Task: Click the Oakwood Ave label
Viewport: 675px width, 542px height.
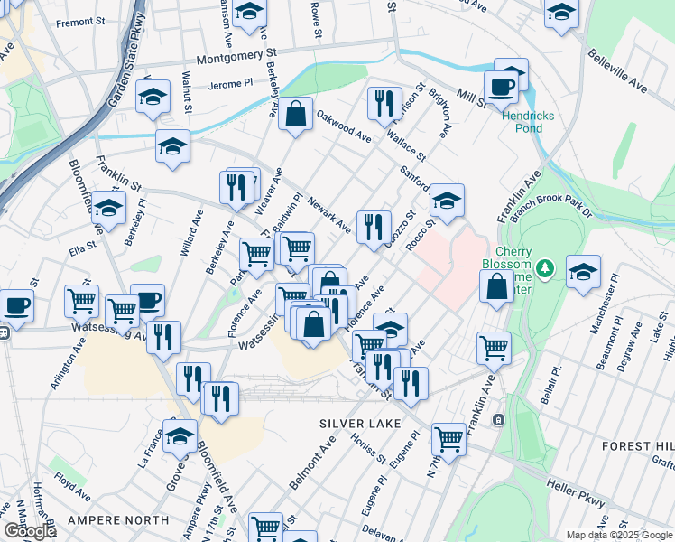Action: click(x=344, y=127)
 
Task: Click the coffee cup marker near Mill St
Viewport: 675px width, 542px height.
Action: click(x=500, y=87)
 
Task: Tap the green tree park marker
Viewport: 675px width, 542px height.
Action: click(x=544, y=267)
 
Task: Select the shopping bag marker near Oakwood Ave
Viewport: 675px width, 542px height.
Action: click(x=295, y=115)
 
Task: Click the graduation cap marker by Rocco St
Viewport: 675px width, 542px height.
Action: click(x=446, y=200)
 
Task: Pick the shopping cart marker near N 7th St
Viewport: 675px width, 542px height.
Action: click(x=448, y=439)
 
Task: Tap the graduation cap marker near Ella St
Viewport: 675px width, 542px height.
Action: click(x=108, y=208)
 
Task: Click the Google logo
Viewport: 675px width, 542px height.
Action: click(x=30, y=532)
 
